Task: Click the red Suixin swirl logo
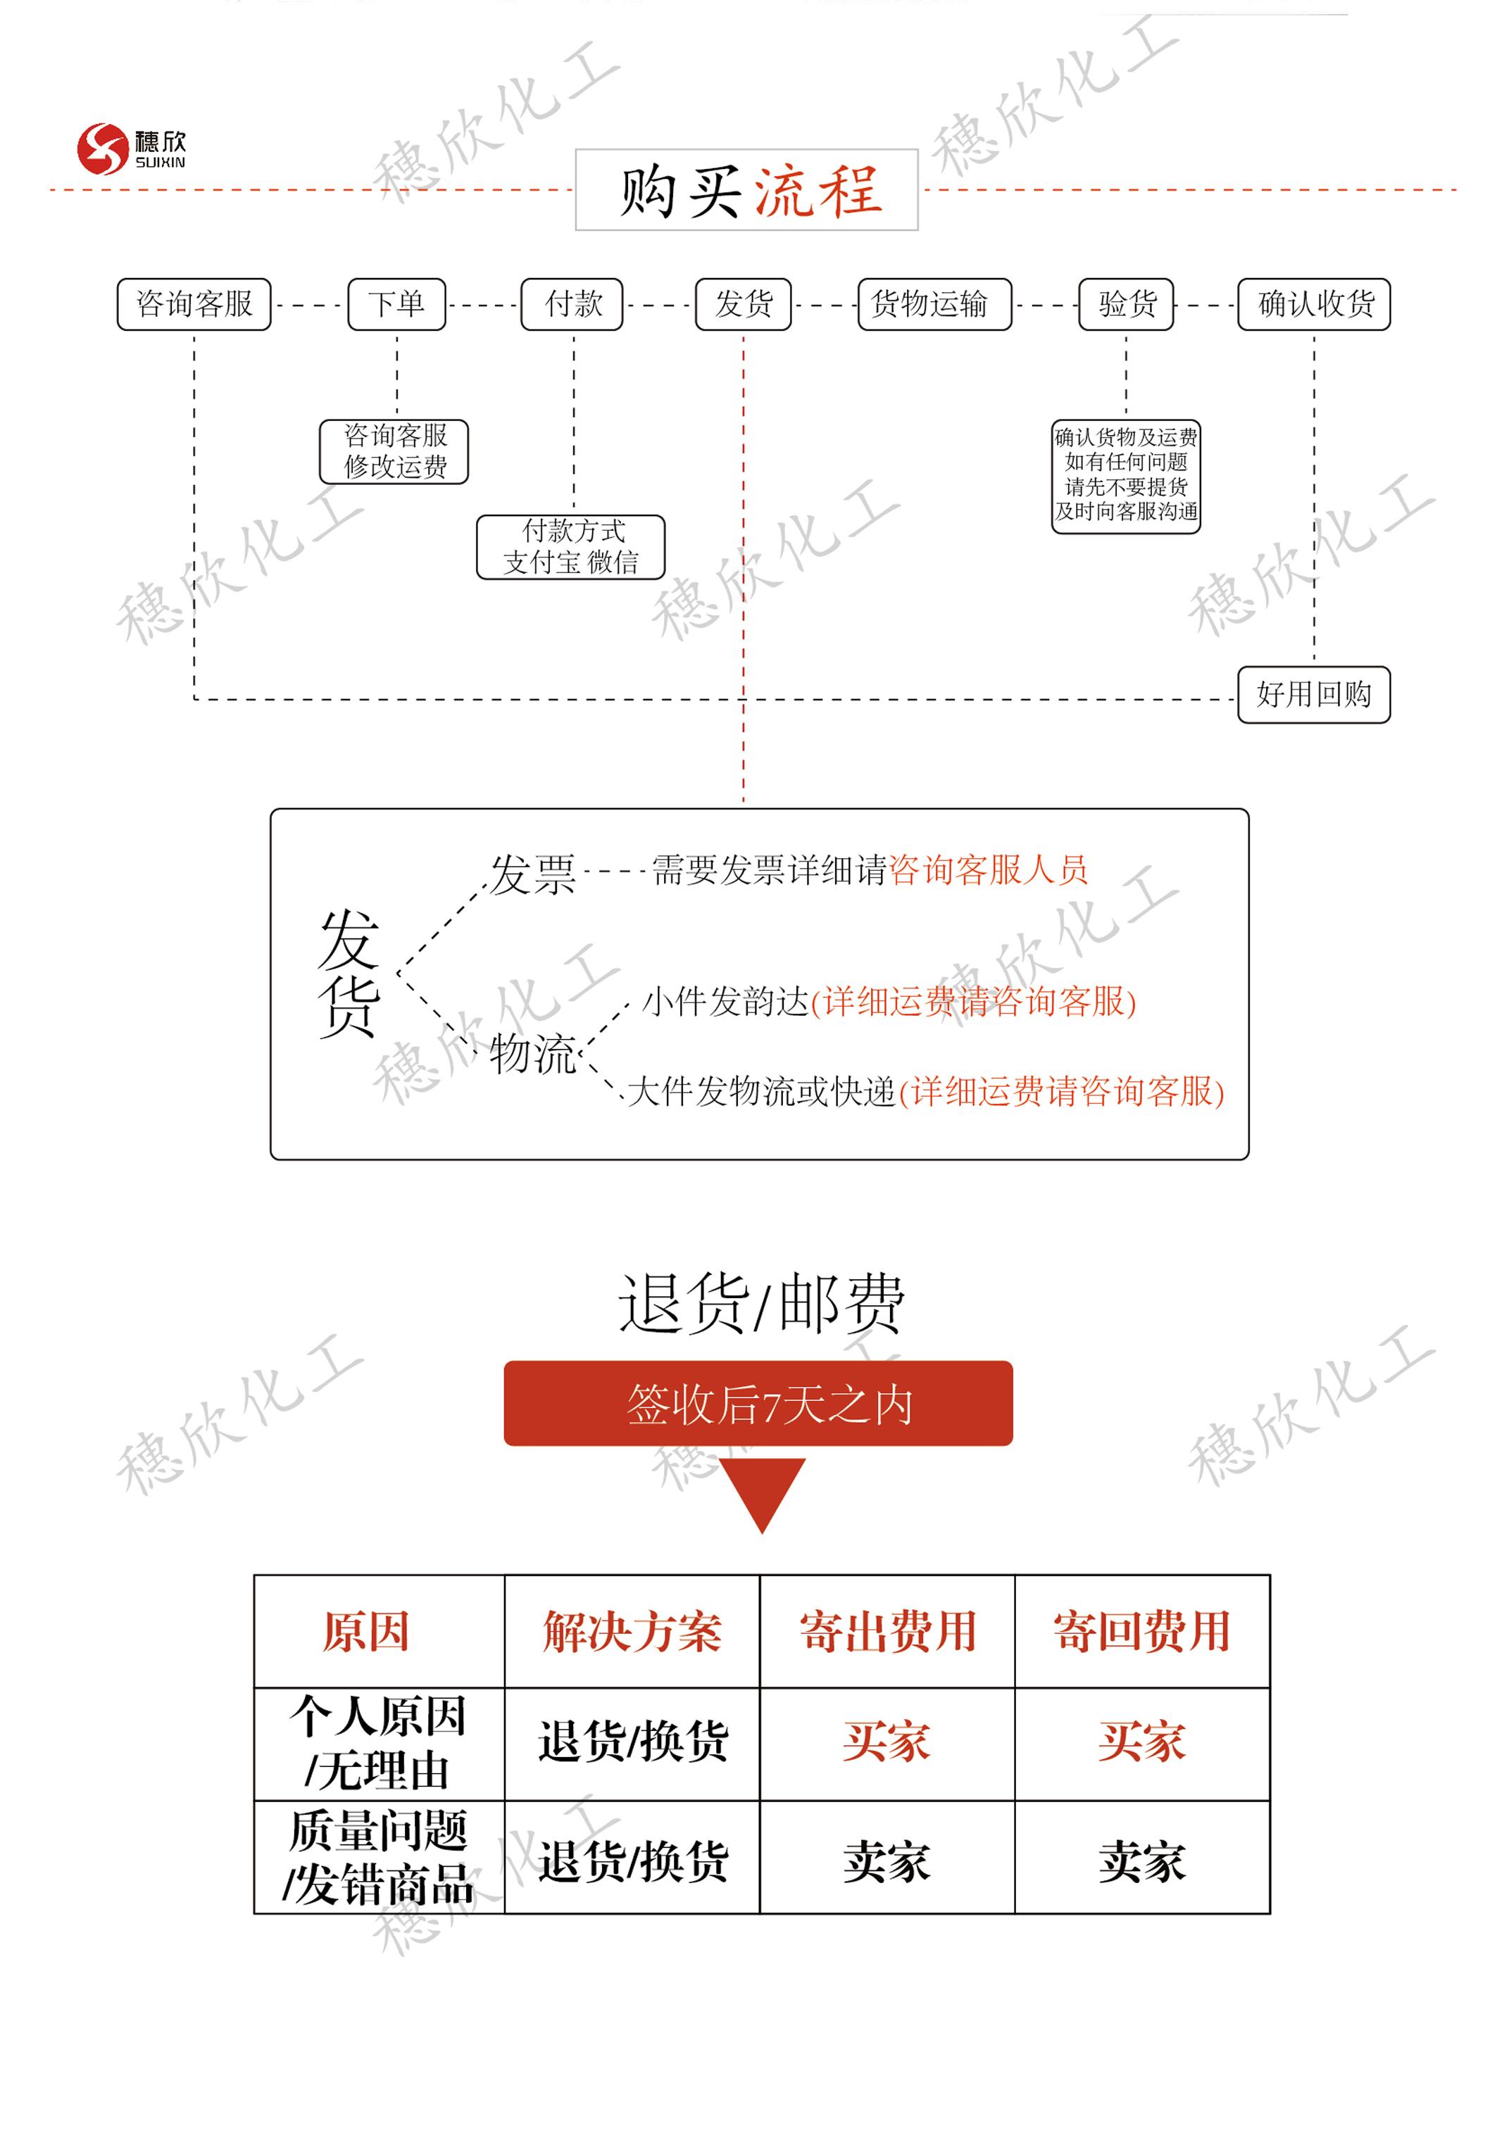102,149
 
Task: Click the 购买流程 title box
746,189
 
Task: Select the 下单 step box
396,303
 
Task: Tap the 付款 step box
572,303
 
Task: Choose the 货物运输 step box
934,303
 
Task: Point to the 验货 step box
1126,303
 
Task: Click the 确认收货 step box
1313,303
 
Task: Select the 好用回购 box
1313,695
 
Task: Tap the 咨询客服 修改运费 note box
394,452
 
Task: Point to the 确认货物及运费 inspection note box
1126,476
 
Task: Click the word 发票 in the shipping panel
532,874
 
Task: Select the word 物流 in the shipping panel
532,1054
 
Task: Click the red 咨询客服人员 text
989,870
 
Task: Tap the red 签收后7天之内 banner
758,1403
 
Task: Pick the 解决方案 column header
632,1632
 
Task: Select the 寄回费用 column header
1141,1632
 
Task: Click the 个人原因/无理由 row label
379,1743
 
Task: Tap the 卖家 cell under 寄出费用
887,1861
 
